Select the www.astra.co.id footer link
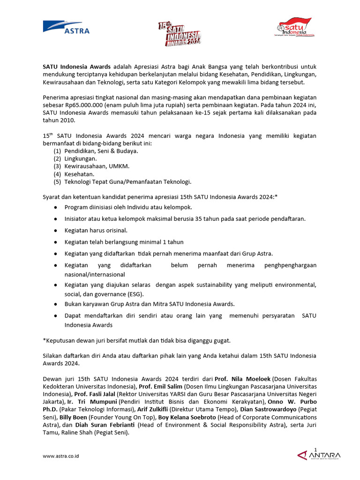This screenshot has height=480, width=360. tap(60, 456)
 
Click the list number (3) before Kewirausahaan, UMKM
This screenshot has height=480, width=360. tap(57, 166)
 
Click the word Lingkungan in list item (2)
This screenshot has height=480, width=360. tap(80, 159)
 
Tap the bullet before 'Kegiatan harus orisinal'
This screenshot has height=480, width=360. tap(56, 231)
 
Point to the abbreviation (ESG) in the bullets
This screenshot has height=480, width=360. tap(135, 294)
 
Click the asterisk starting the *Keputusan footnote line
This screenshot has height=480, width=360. tap(44, 340)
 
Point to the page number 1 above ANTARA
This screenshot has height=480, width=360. tap(316, 450)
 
